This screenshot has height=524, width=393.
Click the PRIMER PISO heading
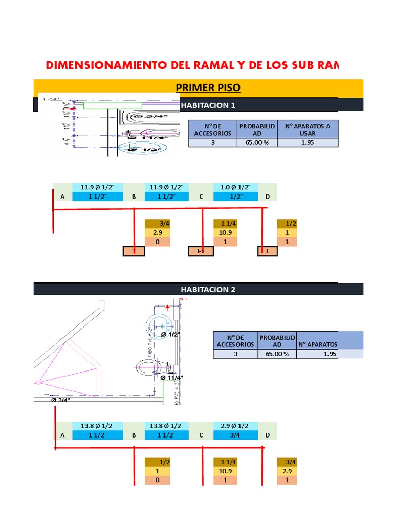(208, 88)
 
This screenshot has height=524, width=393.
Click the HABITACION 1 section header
(208, 105)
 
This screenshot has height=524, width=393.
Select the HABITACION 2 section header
(208, 289)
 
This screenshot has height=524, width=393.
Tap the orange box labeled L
(267, 251)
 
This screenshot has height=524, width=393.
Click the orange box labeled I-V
(201, 251)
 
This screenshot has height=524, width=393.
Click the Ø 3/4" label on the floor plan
(60, 400)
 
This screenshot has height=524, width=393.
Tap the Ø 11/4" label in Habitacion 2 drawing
(172, 378)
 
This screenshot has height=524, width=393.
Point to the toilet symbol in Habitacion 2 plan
(152, 366)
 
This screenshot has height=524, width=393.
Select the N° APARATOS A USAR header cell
(308, 129)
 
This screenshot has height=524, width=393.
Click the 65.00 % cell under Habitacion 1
(257, 143)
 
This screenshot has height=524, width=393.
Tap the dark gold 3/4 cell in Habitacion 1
(158, 224)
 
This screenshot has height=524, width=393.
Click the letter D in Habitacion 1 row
(267, 196)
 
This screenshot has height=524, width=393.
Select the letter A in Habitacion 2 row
(63, 435)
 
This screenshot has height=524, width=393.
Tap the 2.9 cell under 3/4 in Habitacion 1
(158, 233)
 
